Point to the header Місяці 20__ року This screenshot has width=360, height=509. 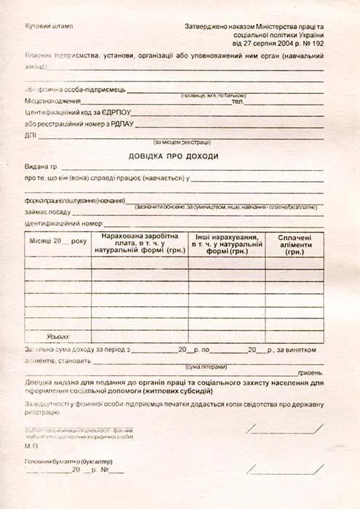(57, 239)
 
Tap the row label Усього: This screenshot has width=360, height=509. (57, 337)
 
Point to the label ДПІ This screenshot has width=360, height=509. (30, 135)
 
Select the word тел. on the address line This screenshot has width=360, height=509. (237, 101)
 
